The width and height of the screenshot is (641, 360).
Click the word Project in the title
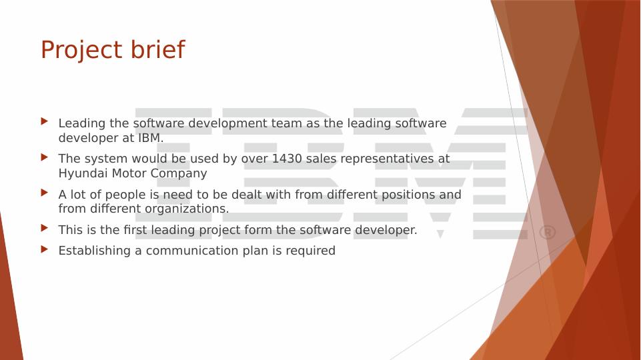[x=81, y=50]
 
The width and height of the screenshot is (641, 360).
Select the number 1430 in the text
[x=287, y=159]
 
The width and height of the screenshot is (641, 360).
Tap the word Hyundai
[x=83, y=173]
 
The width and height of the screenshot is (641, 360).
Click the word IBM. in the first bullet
[x=151, y=138]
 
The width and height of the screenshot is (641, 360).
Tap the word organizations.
[x=187, y=209]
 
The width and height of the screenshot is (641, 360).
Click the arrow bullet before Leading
[x=45, y=121]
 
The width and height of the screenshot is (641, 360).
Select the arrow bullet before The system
[x=45, y=157]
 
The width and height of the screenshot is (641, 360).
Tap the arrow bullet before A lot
[x=45, y=193]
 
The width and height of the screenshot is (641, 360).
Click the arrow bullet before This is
[x=45, y=228]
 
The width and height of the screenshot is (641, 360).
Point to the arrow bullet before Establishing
[x=45, y=249]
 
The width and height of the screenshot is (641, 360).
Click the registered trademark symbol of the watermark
[x=548, y=233]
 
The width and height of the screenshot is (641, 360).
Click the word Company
[x=179, y=173]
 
